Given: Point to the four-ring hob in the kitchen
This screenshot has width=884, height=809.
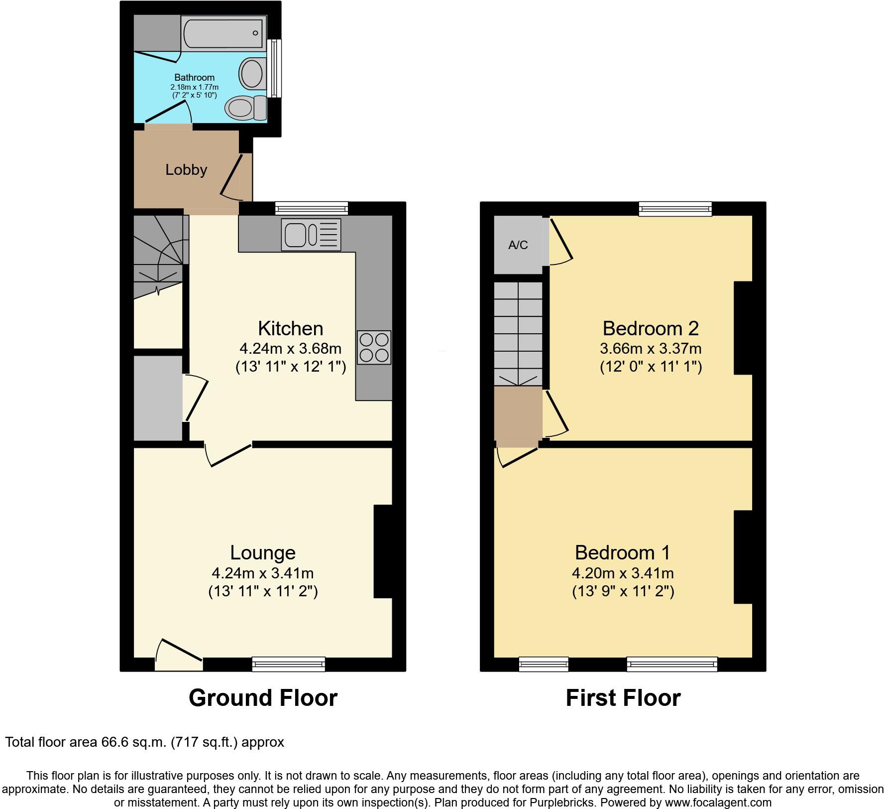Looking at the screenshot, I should (x=374, y=347).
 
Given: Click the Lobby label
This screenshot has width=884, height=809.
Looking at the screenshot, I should (x=186, y=170).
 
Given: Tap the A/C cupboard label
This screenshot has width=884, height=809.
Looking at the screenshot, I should (x=518, y=245).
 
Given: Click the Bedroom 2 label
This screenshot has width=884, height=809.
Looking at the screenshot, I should (x=651, y=328).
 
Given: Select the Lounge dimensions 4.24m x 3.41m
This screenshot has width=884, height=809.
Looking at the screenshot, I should (x=263, y=573).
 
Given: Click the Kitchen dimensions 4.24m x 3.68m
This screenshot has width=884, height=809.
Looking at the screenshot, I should (x=291, y=348).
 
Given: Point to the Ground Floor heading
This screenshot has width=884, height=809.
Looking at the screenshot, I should (x=263, y=698).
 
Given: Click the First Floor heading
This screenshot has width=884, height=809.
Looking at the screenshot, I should (x=623, y=698).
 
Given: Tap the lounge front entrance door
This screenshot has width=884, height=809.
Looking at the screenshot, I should (x=178, y=655).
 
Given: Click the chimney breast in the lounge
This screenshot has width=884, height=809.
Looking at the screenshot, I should (x=383, y=551).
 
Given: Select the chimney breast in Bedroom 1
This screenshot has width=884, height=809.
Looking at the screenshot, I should (x=743, y=557).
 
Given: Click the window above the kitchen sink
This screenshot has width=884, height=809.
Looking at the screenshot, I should (x=312, y=208).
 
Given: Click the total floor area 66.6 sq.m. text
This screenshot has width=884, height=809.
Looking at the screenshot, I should (x=144, y=742).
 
